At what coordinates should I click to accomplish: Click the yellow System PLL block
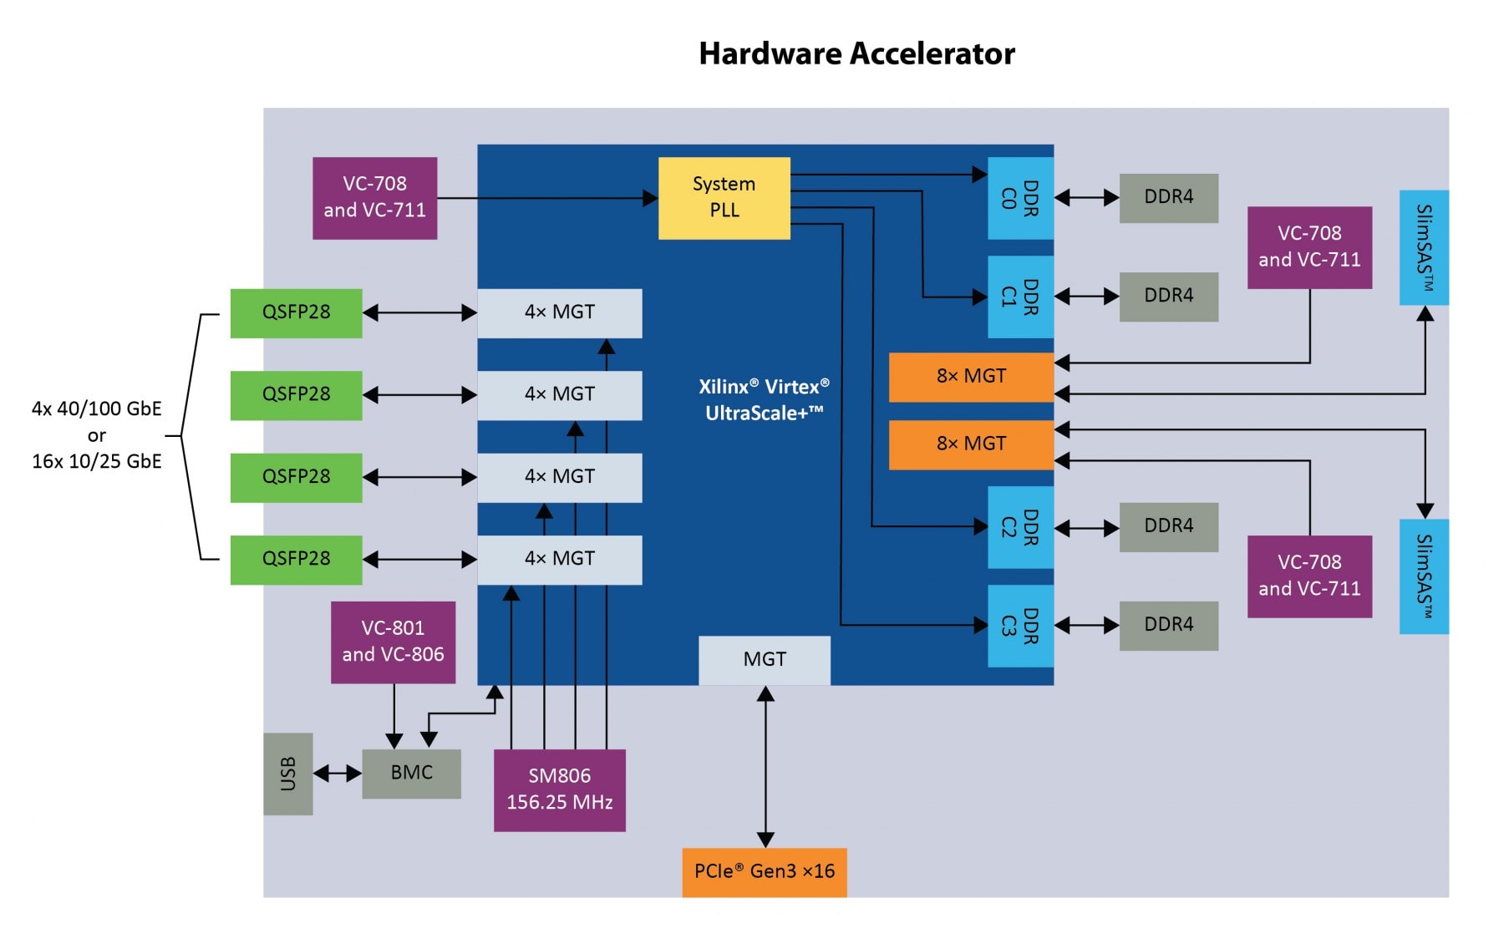coord(724,198)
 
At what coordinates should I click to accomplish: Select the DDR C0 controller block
coord(1019,198)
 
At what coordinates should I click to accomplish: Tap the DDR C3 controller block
coord(1019,626)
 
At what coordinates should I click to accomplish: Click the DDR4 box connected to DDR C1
coord(1168,296)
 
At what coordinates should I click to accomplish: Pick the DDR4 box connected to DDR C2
coord(1168,526)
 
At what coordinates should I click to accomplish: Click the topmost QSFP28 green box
coord(296,312)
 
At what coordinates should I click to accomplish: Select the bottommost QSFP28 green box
coord(296,559)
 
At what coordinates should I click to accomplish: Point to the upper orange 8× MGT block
coord(970,377)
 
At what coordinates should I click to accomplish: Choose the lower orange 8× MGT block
coord(970,444)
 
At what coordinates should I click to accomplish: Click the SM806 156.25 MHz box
coord(559,789)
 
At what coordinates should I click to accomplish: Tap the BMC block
coord(411,773)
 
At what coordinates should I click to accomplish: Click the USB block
coord(287,774)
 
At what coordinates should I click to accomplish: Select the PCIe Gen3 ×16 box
coord(764,872)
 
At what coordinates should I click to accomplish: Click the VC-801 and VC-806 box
coord(393,642)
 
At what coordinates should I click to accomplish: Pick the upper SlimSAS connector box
coord(1424,247)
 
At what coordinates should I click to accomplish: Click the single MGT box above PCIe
coord(764,660)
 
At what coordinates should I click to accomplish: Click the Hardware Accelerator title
coord(856,53)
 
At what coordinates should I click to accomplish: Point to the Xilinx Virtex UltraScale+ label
coord(764,399)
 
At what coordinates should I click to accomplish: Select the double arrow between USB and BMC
coord(337,774)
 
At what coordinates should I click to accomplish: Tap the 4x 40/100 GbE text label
coord(96,409)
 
